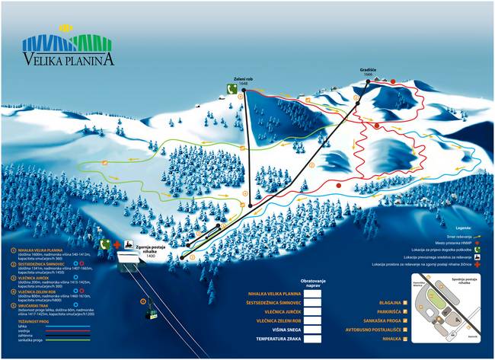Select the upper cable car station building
[x=127, y=263]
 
